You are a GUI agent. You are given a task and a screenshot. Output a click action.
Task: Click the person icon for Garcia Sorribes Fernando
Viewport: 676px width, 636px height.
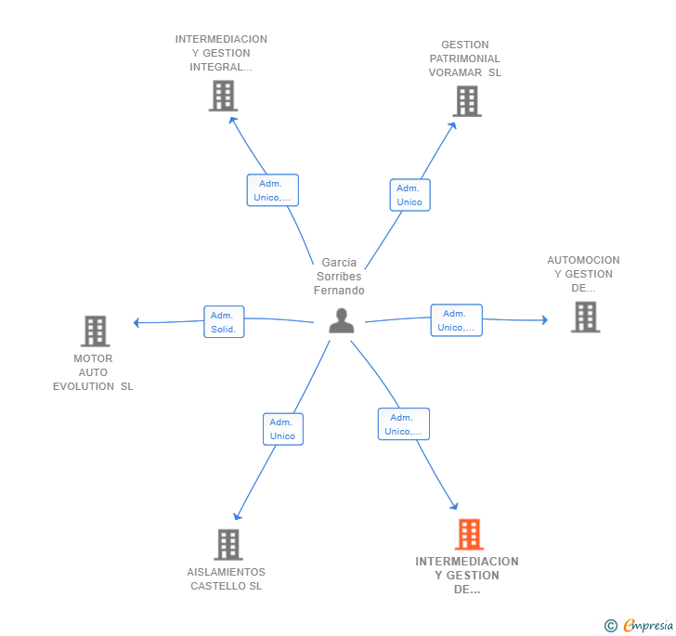click(342, 320)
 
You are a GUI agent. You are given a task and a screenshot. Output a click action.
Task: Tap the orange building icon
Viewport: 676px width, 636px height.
click(469, 534)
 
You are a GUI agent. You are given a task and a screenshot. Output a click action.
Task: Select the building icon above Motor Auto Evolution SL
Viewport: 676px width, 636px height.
click(96, 331)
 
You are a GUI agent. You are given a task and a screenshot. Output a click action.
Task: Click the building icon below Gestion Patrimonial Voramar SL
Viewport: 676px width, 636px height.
click(467, 101)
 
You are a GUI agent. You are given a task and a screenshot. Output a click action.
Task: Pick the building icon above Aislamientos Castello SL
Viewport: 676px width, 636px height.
click(228, 545)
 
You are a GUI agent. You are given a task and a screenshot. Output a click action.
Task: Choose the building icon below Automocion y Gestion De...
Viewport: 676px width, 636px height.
click(585, 317)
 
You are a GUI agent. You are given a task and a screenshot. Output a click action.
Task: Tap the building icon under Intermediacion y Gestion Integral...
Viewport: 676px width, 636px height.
click(223, 96)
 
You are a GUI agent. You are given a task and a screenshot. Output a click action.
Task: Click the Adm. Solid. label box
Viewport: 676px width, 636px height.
click(224, 321)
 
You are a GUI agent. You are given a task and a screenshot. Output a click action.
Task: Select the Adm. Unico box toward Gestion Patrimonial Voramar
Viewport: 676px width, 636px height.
click(410, 195)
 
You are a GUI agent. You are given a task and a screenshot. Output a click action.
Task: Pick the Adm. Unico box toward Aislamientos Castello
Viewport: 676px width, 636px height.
click(283, 429)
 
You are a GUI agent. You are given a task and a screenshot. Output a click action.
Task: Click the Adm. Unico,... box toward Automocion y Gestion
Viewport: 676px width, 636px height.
click(457, 320)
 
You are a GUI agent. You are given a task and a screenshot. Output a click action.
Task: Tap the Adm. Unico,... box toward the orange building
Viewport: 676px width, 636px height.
click(404, 424)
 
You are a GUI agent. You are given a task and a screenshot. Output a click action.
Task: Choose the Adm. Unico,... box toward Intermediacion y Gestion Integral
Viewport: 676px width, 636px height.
click(272, 190)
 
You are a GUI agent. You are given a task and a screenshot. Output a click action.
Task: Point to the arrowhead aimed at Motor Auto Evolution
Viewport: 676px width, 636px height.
click(136, 322)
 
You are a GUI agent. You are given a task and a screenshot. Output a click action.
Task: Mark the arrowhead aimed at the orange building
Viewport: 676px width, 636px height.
click(454, 506)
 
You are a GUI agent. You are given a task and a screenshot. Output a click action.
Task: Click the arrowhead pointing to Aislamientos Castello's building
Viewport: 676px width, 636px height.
click(238, 516)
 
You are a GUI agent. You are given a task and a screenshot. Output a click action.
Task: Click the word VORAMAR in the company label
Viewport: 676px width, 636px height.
click(455, 72)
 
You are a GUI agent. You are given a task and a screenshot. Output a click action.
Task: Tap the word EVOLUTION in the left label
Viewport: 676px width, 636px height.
click(84, 386)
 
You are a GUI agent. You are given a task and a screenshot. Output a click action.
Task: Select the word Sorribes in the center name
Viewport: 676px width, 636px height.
click(339, 277)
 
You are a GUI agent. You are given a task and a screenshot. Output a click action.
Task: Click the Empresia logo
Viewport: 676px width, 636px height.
click(639, 625)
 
